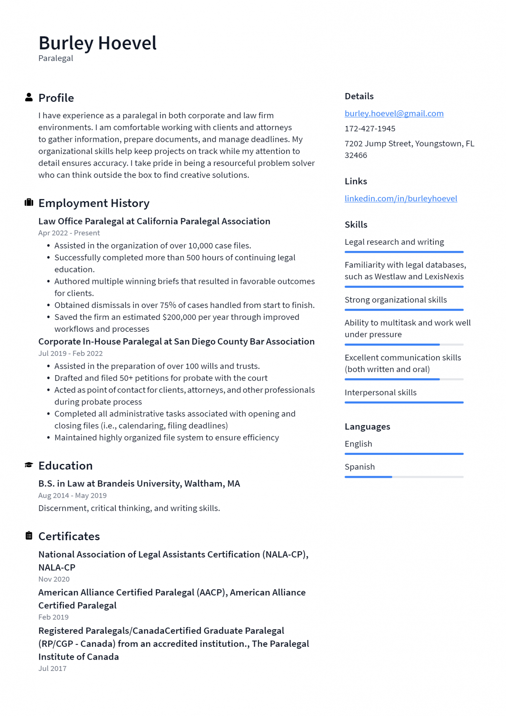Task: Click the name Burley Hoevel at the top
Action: point(97,43)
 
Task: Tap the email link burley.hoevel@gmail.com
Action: point(394,113)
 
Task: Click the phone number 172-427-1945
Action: point(370,129)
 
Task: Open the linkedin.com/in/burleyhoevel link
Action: point(400,199)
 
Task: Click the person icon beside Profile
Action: point(29,98)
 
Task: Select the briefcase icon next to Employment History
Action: point(29,202)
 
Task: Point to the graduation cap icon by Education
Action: point(29,465)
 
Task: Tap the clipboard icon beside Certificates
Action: point(29,536)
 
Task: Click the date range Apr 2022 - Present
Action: point(69,233)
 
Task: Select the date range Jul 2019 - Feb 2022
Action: point(70,353)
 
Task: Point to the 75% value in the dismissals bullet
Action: point(168,305)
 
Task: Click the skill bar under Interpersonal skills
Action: point(404,402)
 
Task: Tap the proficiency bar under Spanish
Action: point(404,477)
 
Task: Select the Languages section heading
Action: point(367,427)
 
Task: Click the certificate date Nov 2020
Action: point(54,579)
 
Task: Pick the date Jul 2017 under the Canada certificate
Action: point(52,668)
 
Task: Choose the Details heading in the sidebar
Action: point(359,96)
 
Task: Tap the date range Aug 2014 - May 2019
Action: point(72,495)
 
